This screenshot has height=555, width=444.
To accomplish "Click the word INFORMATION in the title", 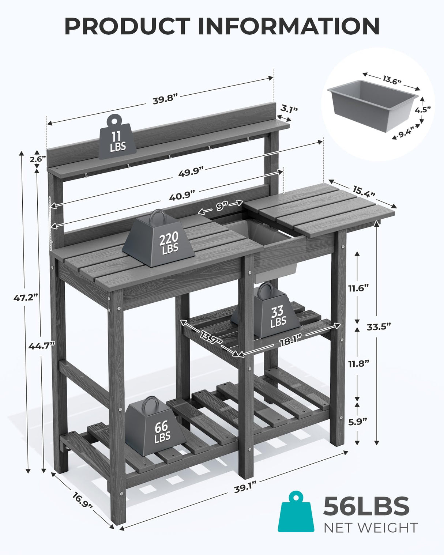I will coord(289,26).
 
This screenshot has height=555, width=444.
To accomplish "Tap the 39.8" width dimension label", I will coord(165,100).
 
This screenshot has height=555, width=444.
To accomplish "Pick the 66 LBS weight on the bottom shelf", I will coord(155,428).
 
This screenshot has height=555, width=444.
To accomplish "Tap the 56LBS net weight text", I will coord(366,506).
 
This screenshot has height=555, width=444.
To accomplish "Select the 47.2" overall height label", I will coord(26,297).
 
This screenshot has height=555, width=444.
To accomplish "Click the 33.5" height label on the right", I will coord(379,326).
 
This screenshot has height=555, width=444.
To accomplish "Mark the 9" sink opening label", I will coord(221,206).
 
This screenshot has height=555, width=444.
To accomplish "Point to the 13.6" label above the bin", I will coord(392,80).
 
